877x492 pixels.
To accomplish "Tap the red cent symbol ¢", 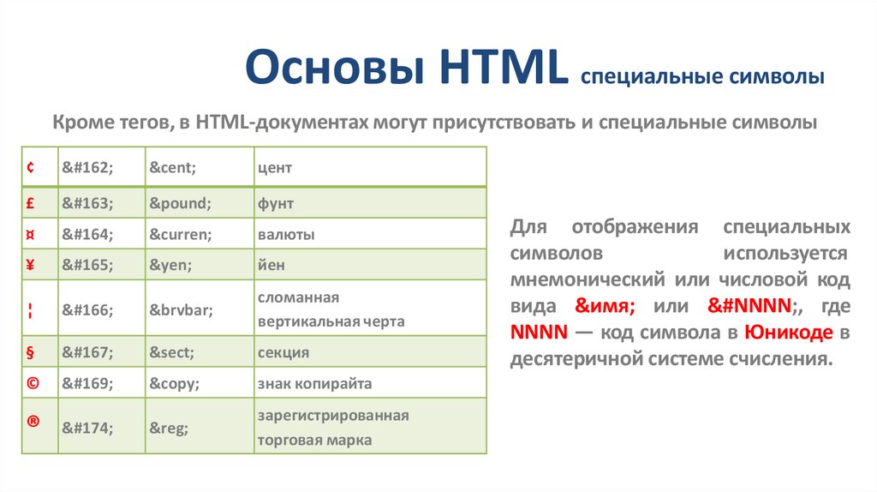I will coord(31,168).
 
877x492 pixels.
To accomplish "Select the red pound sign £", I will coord(31,203).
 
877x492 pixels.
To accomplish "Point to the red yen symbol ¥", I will coord(31,265).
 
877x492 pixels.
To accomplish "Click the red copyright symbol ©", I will coord(32,383).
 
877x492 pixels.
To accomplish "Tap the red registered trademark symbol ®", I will coord(32,422).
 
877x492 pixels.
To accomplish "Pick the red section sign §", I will coord(31,352).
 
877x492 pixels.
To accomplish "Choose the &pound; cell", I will coord(180,203).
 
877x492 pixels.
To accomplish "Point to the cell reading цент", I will coord(275,168).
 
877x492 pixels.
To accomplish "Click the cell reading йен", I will coord(271,265).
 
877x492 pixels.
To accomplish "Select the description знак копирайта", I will coord(314,383).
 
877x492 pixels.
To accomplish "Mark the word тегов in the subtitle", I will coord(142,123).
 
